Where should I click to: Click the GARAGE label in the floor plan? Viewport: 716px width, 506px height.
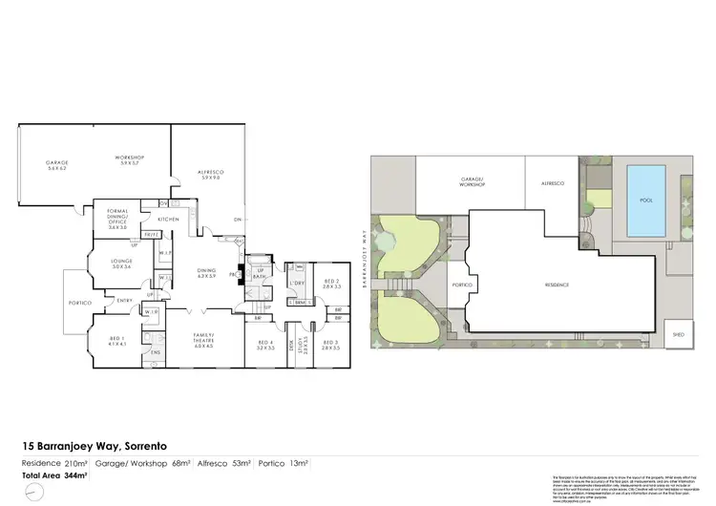tap(56, 165)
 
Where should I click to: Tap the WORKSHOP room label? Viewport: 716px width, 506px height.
tap(129, 158)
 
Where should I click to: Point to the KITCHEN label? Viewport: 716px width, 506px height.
tap(169, 220)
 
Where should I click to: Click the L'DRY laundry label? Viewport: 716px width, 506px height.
tap(296, 284)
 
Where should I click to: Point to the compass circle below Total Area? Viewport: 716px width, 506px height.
tap(35, 491)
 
